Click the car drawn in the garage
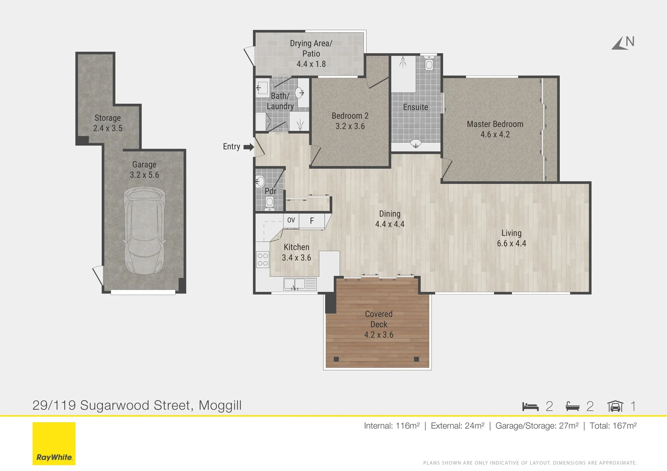pyautogui.click(x=144, y=231)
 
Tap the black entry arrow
pyautogui.click(x=249, y=147)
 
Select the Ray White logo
pyautogui.click(x=54, y=444)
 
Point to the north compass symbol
pyautogui.click(x=623, y=43)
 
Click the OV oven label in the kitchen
pyautogui.click(x=291, y=220)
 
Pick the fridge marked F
pyautogui.click(x=312, y=221)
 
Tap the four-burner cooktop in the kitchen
pyautogui.click(x=263, y=259)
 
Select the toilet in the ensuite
pyautogui.click(x=429, y=63)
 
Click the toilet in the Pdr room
pyautogui.click(x=269, y=204)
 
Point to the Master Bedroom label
pyautogui.click(x=495, y=124)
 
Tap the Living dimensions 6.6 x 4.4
pyautogui.click(x=511, y=243)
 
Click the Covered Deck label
pyautogui.click(x=379, y=319)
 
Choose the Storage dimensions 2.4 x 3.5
pyautogui.click(x=107, y=128)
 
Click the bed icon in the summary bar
pyautogui.click(x=530, y=406)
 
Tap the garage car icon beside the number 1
pyautogui.click(x=615, y=406)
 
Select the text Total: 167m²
pyautogui.click(x=613, y=426)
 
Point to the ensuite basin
pyautogui.click(x=416, y=143)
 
